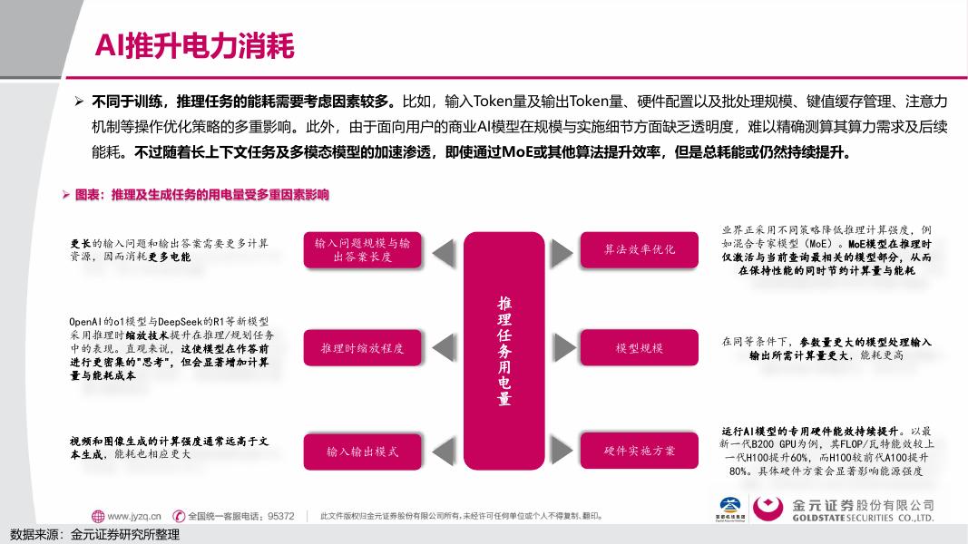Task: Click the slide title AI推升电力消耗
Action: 195,44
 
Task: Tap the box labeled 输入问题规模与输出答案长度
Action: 362,250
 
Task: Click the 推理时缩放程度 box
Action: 362,348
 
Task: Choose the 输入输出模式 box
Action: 362,451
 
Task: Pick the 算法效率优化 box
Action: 640,249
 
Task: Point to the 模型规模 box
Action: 640,348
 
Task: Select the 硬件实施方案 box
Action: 640,451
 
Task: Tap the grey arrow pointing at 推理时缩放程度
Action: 442,348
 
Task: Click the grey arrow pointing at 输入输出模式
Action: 442,451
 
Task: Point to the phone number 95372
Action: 279,516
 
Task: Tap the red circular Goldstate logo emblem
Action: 768,510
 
